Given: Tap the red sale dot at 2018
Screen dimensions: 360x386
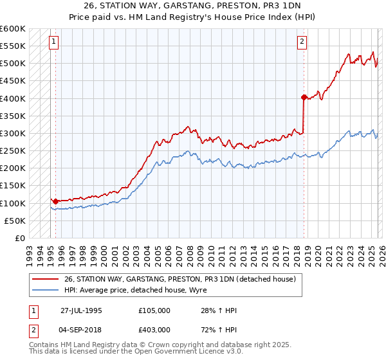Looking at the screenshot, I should pos(303,98).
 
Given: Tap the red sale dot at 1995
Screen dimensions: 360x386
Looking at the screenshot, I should pos(55,201).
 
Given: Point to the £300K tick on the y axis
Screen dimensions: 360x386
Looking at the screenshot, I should pos(13,133).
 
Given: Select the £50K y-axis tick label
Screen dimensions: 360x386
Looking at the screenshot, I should pos(15,221).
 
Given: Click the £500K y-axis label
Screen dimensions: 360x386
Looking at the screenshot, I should pos(13,64).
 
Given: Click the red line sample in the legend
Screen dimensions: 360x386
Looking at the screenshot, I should pos(46,279).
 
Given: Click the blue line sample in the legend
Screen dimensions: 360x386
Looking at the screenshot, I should pos(46,290).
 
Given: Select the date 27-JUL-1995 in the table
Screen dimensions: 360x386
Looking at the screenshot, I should pos(81,310).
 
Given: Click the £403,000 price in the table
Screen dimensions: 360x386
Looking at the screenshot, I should pos(154,328).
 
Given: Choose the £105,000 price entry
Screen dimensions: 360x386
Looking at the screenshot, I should pos(154,310).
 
